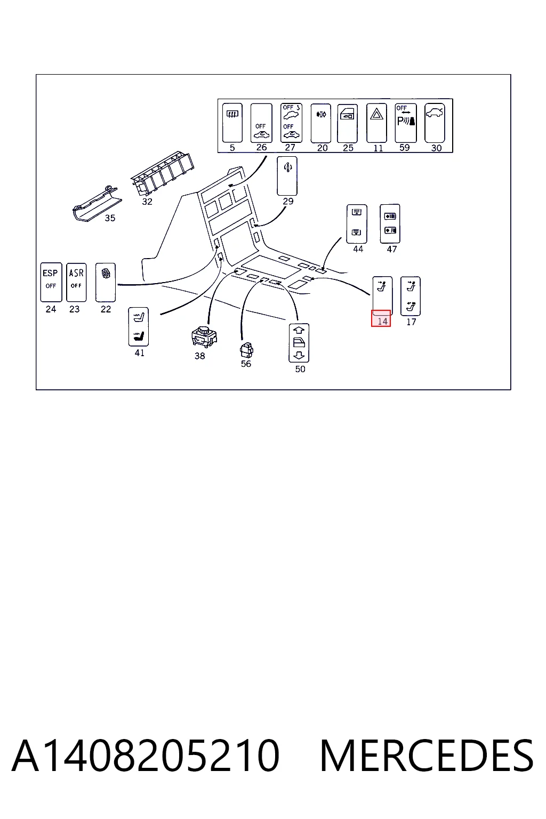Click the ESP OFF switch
51,282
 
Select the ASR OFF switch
76,282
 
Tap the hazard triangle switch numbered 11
376,123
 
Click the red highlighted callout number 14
381,318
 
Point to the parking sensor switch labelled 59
406,123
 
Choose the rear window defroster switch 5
232,123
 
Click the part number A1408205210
146,756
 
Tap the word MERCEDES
427,756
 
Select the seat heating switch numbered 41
139,326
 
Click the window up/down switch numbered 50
299,343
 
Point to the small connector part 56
246,350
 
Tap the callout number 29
288,201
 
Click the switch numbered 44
357,224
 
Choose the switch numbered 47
390,223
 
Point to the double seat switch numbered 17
411,296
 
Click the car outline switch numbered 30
435,123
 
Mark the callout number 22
106,309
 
